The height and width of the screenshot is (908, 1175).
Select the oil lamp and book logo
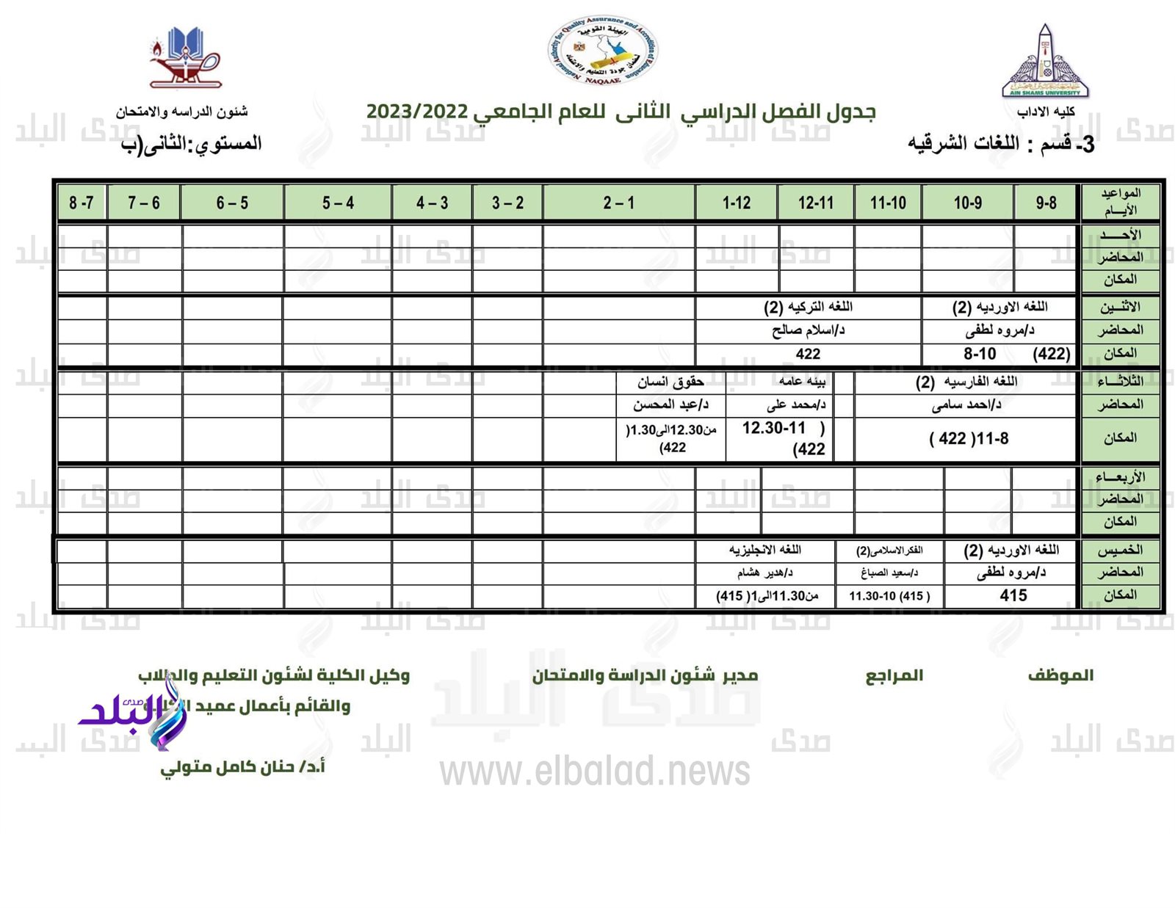[185, 58]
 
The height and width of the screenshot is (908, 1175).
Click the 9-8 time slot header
[1046, 203]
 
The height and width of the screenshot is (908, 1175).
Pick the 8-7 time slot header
[82, 203]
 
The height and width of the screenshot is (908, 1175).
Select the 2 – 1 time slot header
[618, 203]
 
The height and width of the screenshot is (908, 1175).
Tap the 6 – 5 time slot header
[232, 203]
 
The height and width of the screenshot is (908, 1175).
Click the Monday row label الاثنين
[1120, 307]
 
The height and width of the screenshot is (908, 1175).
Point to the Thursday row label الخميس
[1120, 550]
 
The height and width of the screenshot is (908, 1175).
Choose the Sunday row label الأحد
[1120, 235]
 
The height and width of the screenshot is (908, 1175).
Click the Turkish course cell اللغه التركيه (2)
[808, 306]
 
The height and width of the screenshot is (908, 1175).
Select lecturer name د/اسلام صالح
[808, 330]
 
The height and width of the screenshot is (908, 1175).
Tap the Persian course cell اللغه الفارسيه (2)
[966, 382]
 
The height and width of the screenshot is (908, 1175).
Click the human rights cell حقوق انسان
[670, 382]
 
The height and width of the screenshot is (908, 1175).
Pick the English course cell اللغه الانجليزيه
[764, 550]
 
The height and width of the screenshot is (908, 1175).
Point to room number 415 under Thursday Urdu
[1013, 595]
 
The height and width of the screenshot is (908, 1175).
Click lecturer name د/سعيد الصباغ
[889, 573]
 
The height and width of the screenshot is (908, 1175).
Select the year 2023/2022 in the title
[417, 112]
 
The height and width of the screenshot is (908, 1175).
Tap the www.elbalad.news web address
[595, 771]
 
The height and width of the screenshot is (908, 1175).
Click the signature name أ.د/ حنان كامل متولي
[242, 768]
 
